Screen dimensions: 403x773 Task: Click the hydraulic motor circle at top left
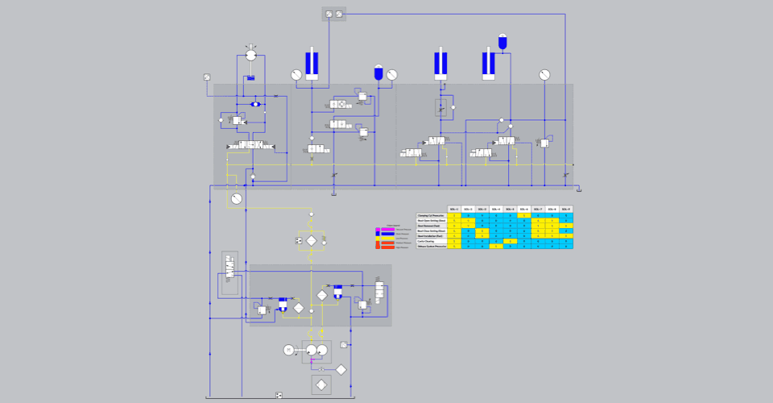click(x=250, y=54)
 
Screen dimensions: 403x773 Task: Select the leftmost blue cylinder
click(x=312, y=64)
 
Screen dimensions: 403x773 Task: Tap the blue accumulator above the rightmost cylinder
click(x=503, y=40)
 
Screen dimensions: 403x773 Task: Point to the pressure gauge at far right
click(x=544, y=75)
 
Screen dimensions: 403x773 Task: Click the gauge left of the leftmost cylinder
click(x=296, y=75)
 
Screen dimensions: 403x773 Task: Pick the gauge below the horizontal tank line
click(x=236, y=198)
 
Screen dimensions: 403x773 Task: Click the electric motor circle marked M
click(x=288, y=349)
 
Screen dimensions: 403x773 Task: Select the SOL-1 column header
click(x=454, y=210)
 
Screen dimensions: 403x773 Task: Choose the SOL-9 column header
click(x=565, y=210)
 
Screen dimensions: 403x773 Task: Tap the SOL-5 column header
click(x=510, y=210)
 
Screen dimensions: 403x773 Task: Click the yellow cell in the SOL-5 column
click(x=510, y=241)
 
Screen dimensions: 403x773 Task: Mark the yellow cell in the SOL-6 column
click(x=523, y=216)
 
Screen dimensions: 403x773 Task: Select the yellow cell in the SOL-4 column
click(x=496, y=246)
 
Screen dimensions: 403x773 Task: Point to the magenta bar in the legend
click(x=388, y=229)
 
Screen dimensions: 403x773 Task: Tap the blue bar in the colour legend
click(x=388, y=234)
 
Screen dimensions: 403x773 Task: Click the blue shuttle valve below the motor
click(x=255, y=105)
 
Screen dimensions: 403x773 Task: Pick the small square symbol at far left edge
click(x=207, y=77)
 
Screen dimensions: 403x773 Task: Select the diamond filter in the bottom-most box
click(x=320, y=384)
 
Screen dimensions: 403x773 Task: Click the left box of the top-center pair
click(x=329, y=14)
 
